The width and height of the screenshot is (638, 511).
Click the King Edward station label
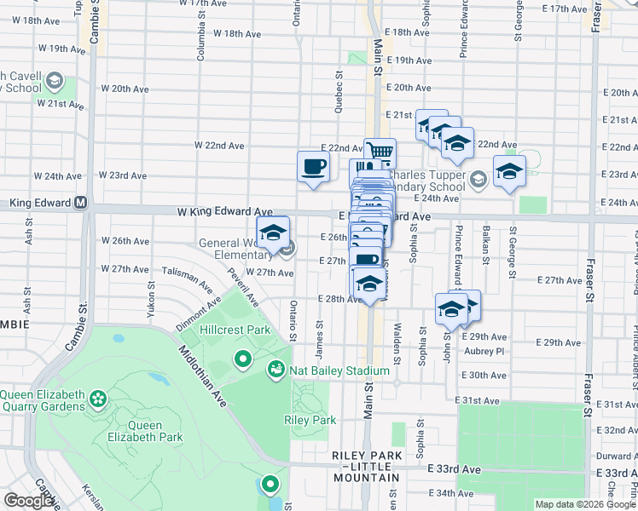(40, 204)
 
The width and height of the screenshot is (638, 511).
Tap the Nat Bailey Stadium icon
(276, 370)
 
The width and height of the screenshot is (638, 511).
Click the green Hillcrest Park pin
(243, 359)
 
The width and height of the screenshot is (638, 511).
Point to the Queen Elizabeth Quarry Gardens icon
(98, 398)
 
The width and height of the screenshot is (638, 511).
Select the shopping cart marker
(380, 154)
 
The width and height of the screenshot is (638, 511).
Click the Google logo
(28, 501)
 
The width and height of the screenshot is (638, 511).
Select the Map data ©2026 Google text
(584, 504)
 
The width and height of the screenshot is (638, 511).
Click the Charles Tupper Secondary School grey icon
(478, 178)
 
